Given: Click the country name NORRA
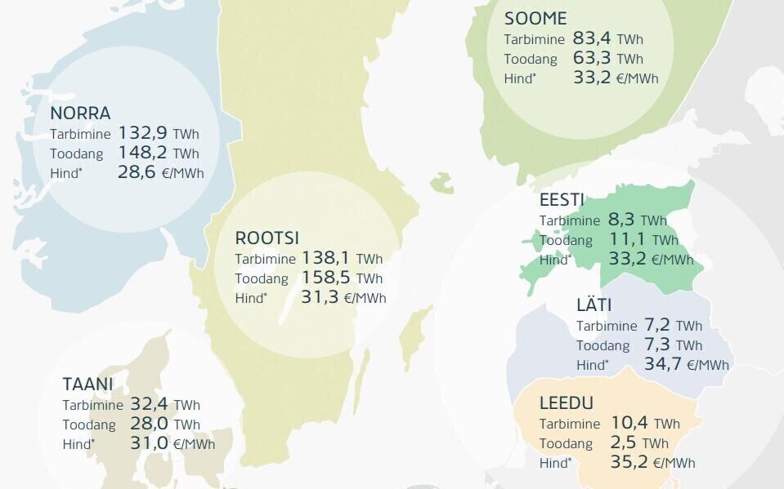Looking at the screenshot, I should pyautogui.click(x=80, y=113).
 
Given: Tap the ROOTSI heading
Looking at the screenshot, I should pyautogui.click(x=267, y=238).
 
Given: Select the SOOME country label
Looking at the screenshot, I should pyautogui.click(x=535, y=19).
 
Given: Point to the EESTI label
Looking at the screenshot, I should pyautogui.click(x=561, y=201).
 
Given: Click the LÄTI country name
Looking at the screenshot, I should pyautogui.click(x=594, y=305).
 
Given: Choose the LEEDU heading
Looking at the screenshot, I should pyautogui.click(x=567, y=403).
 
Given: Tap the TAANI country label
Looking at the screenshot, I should pyautogui.click(x=87, y=384).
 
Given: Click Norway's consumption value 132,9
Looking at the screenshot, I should pyautogui.click(x=143, y=133).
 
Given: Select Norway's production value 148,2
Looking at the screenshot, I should pyautogui.click(x=143, y=153).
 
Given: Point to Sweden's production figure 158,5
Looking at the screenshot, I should pyautogui.click(x=325, y=278).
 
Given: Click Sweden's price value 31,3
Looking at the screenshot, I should pyautogui.click(x=320, y=297).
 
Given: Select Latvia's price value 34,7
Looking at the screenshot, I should pyautogui.click(x=662, y=364).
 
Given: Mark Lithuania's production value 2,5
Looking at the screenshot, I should pyautogui.click(x=624, y=443).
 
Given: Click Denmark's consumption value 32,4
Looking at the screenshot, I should pyautogui.click(x=150, y=404).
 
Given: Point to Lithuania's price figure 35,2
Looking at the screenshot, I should pyautogui.click(x=629, y=463).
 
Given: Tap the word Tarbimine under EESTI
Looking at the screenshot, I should pyautogui.click(x=570, y=220).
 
